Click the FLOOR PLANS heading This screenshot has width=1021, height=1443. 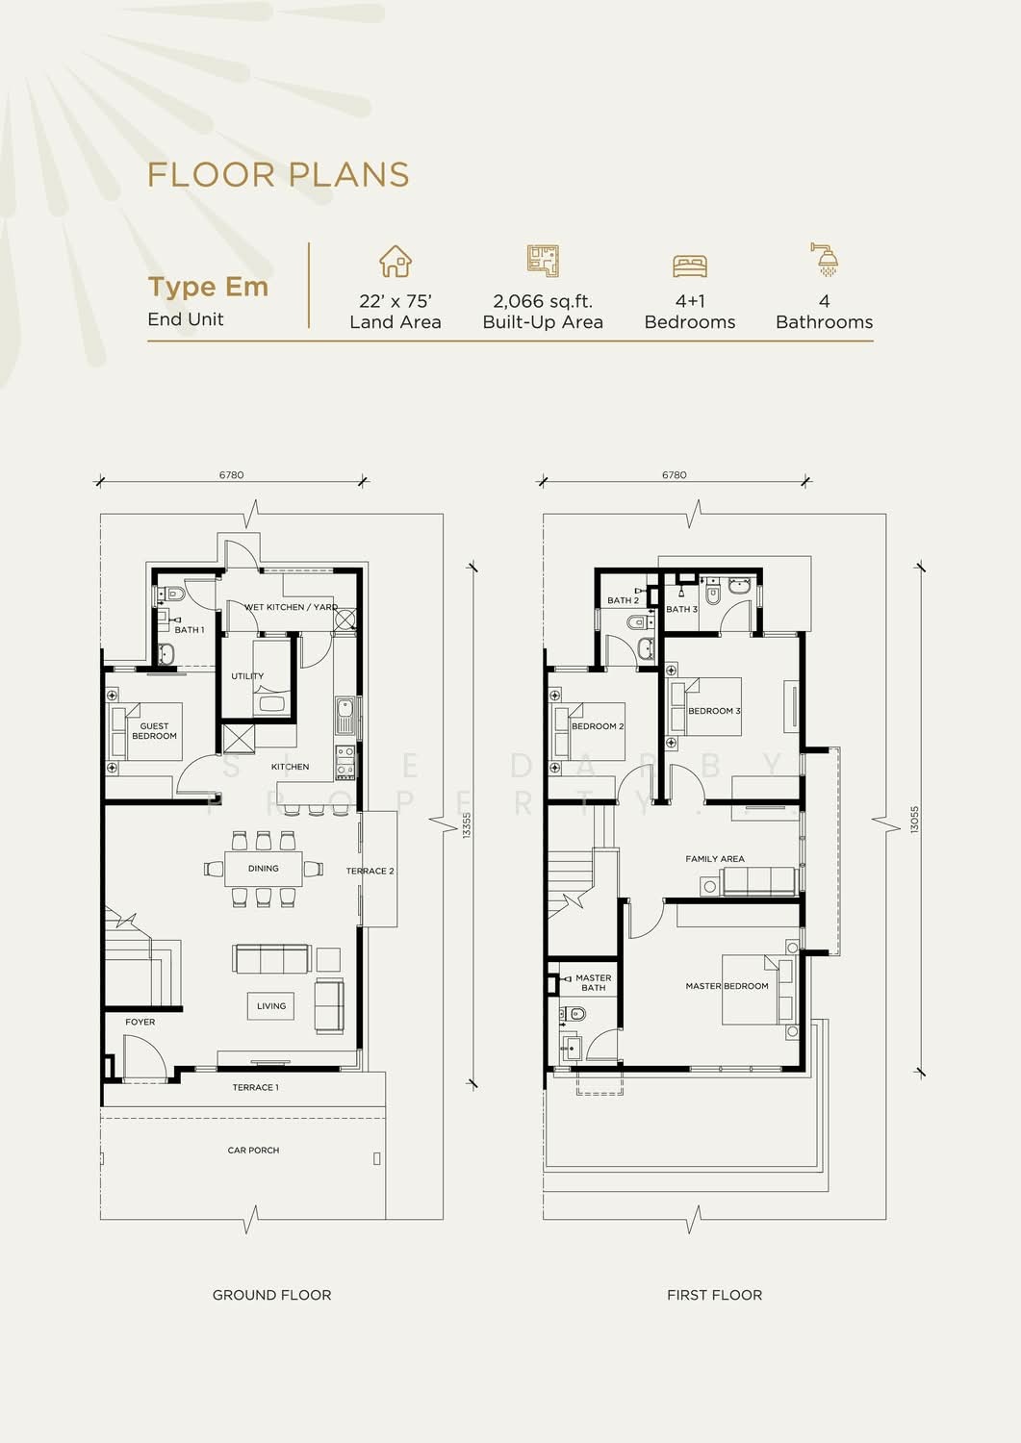(x=278, y=174)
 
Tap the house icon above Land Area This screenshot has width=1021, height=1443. (x=396, y=261)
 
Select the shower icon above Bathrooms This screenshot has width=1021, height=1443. (x=825, y=260)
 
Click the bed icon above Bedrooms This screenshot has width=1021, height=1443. (x=690, y=266)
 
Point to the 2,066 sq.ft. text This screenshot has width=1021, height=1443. (x=543, y=301)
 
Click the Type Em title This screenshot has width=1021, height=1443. (x=208, y=287)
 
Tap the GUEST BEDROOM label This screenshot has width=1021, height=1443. (x=154, y=730)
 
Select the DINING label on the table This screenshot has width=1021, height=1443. (x=263, y=869)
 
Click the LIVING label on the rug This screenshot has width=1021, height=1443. (x=270, y=1005)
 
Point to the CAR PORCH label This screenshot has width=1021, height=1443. (x=253, y=1150)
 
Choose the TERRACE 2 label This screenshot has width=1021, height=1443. (x=370, y=871)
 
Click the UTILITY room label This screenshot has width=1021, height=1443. (x=247, y=675)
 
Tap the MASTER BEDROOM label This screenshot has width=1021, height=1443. (x=727, y=986)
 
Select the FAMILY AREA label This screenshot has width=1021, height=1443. (x=715, y=859)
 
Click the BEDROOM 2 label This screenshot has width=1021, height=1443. (x=598, y=726)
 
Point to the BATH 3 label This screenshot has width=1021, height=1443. (x=682, y=609)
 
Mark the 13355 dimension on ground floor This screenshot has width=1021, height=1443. (x=467, y=824)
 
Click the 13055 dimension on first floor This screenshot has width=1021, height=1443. (x=914, y=820)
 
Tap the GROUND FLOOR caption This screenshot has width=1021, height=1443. (x=271, y=1295)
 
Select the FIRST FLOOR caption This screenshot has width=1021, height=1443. (x=714, y=1295)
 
